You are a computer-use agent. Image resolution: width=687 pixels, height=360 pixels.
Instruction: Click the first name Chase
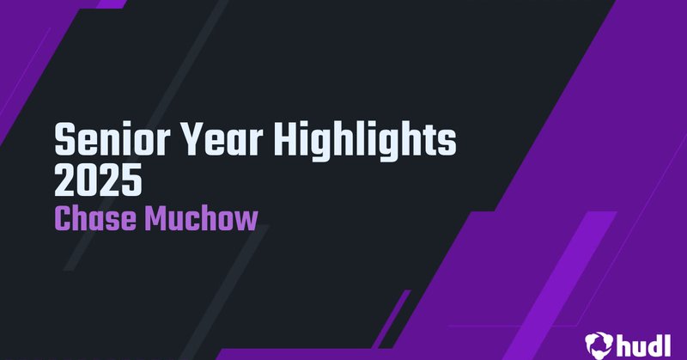pyautogui.click(x=95, y=218)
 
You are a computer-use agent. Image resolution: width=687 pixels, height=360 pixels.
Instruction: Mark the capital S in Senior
pyautogui.click(x=65, y=140)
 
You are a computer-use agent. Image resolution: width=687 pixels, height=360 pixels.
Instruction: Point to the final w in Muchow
pyautogui.click(x=245, y=220)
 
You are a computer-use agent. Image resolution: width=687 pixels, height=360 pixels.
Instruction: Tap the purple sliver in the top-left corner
pyautogui.click(x=110, y=3)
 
